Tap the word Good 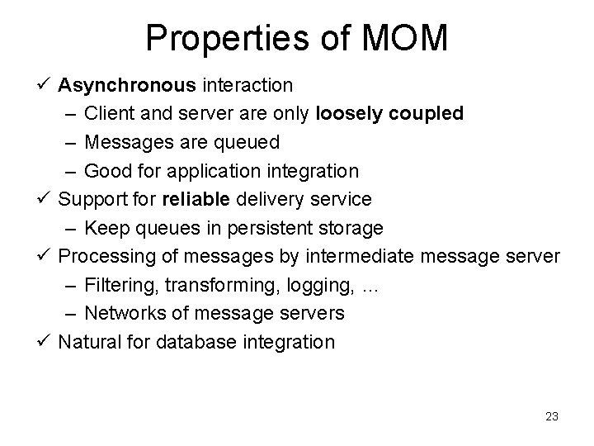tap(105, 171)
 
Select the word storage tap(353, 227)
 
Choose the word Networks tap(122, 313)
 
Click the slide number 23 tap(552, 417)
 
